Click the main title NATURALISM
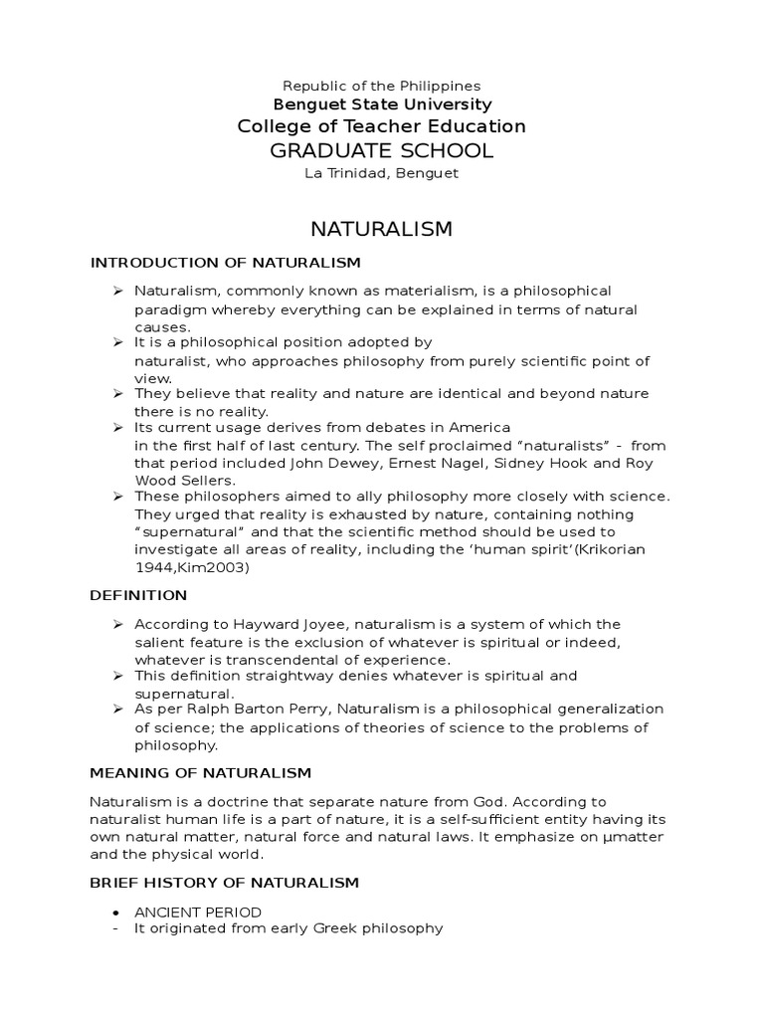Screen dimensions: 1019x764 point(381,229)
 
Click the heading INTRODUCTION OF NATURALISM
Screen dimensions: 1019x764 point(225,263)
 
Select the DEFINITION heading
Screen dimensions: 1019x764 point(138,595)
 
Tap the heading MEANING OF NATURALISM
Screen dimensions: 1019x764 point(201,772)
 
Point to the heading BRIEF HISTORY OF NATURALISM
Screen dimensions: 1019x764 point(225,883)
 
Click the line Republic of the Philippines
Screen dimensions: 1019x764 point(381,87)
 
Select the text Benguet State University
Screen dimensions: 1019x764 point(381,104)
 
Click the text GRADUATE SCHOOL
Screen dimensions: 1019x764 point(381,150)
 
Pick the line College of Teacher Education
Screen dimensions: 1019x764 point(381,126)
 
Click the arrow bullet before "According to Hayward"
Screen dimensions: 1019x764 point(116,624)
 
